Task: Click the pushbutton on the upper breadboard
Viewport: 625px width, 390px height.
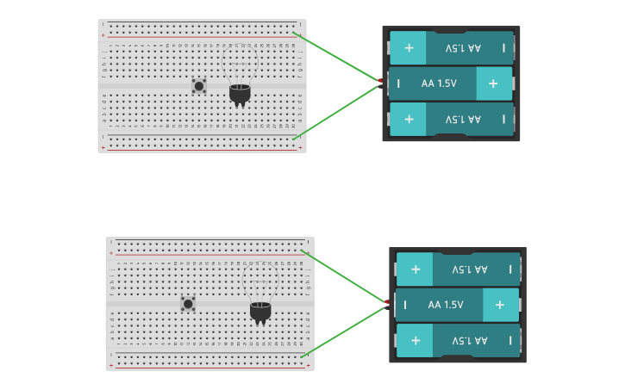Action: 199,85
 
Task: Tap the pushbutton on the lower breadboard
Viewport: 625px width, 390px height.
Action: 188,303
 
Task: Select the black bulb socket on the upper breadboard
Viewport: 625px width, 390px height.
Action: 240,93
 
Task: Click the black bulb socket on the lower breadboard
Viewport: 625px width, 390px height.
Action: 260,311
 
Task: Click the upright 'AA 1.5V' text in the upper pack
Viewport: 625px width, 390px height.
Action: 441,84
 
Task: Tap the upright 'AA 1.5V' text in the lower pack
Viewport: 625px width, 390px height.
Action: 446,305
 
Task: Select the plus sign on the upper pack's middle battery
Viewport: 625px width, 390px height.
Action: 493,84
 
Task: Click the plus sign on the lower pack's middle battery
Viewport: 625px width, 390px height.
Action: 499,305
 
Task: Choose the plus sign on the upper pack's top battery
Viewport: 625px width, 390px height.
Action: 409,48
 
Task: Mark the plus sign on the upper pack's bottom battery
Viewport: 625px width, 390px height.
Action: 409,119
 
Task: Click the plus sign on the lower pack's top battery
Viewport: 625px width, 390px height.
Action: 415,269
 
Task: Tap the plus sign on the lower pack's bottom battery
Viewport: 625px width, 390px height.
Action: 415,340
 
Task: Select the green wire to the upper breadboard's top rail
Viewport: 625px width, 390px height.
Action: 336,57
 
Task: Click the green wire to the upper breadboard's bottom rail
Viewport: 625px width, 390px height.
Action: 336,111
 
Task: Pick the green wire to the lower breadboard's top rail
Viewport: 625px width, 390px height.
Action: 345,276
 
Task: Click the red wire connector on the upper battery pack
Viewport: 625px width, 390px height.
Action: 379,80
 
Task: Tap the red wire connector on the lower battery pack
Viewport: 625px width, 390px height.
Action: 386,301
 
